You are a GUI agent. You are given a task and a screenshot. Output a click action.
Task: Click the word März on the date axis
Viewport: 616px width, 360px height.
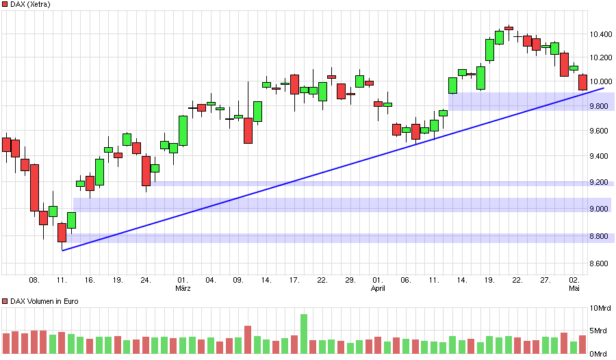point(183,288)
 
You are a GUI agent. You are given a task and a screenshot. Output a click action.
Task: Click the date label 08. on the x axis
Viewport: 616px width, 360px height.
point(34,280)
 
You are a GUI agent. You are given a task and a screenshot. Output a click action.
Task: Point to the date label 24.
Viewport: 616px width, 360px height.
point(146,280)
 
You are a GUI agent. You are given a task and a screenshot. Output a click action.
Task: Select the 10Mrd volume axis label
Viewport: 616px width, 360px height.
point(600,308)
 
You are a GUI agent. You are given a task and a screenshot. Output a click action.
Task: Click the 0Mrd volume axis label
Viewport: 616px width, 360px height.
point(600,353)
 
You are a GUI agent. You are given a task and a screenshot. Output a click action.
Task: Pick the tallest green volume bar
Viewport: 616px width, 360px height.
point(303,335)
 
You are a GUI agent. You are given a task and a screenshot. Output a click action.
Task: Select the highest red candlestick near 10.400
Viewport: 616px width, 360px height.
point(509,28)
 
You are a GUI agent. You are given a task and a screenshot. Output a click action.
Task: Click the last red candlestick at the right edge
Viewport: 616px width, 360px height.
point(582,82)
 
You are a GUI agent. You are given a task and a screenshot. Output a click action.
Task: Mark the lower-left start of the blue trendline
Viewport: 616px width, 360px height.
point(62,250)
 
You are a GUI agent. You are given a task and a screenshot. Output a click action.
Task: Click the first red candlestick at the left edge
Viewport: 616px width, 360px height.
point(6,144)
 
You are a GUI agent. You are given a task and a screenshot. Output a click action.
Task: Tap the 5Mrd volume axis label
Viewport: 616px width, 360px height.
point(600,331)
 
